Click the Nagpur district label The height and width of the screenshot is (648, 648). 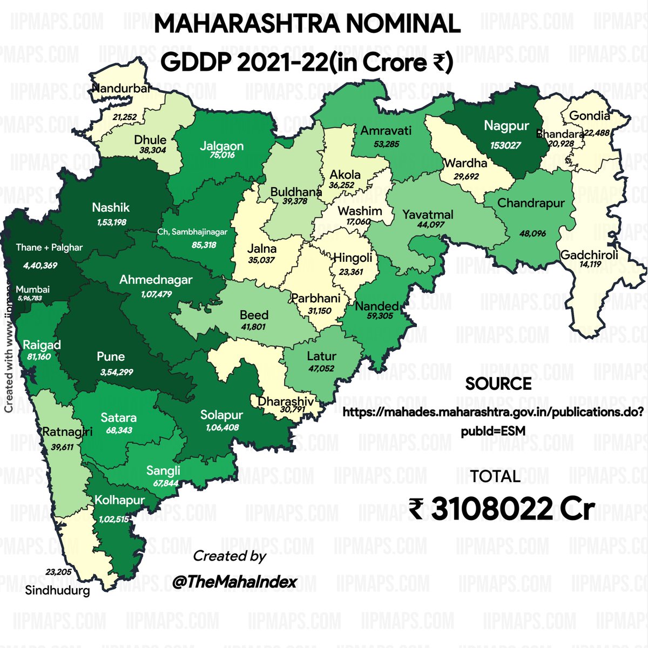click(506, 126)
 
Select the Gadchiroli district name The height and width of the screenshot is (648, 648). click(589, 255)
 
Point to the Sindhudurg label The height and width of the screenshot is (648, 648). click(58, 591)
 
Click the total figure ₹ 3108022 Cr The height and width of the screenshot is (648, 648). click(502, 509)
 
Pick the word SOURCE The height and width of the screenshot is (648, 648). click(498, 384)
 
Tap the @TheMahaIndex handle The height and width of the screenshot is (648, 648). click(235, 582)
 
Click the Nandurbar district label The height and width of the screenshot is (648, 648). click(121, 89)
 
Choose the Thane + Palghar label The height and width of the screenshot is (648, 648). click(49, 247)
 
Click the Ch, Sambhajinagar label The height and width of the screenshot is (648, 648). click(192, 232)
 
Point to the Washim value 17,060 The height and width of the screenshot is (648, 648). click(358, 222)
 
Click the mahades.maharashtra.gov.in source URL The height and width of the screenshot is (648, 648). click(493, 413)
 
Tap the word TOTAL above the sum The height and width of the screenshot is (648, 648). click(495, 476)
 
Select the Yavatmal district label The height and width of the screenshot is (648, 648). click(428, 214)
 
